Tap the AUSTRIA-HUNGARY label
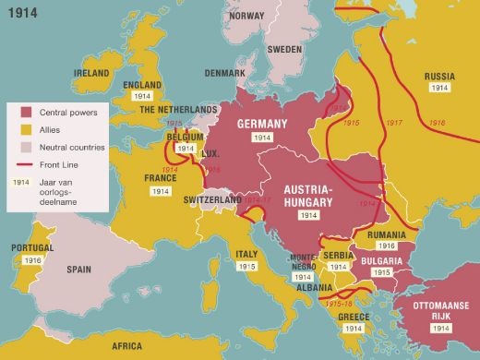pos(308,196)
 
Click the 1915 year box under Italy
pos(246,266)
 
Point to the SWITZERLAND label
pos(210,200)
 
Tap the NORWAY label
pos(246,16)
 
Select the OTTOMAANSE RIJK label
pos(438,310)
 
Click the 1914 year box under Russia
pos(438,89)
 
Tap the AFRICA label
pos(126,346)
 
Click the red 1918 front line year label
pos(436,122)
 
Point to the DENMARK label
pos(225,73)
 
